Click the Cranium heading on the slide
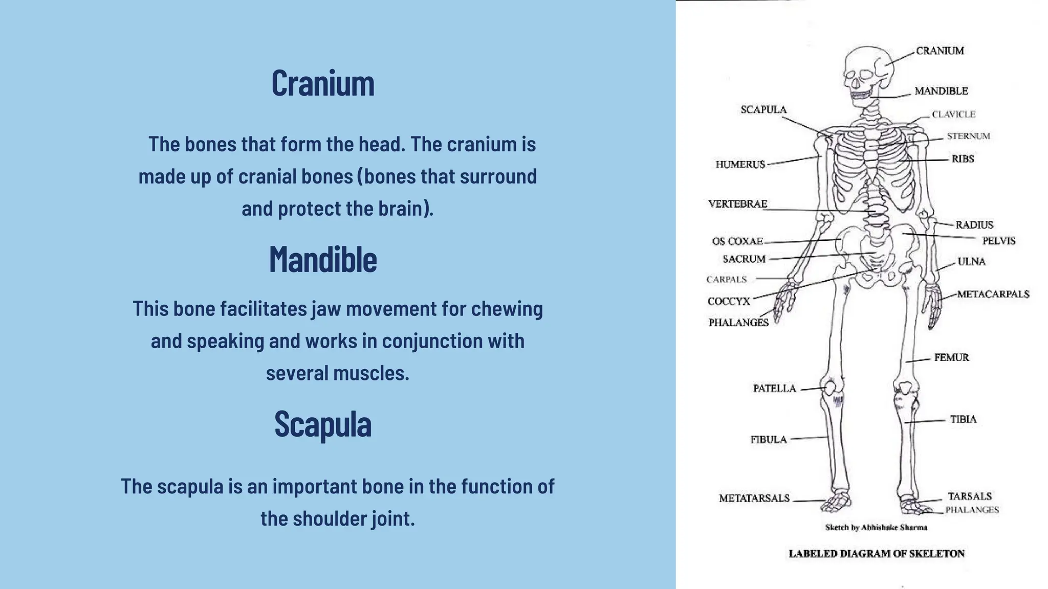[323, 83]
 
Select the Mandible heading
[323, 260]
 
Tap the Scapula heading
[323, 424]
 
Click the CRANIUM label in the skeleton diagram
[940, 51]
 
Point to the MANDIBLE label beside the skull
[941, 91]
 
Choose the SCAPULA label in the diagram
[763, 110]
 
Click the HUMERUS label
[740, 164]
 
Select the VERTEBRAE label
[737, 204]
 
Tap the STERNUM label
[968, 136]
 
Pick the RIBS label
[963, 159]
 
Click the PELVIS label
[998, 241]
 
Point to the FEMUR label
[951, 357]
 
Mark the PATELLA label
[774, 389]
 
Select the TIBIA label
[963, 419]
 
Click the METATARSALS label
[754, 499]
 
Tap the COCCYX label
[729, 302]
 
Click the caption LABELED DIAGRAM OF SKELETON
[876, 553]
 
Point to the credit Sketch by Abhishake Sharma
[876, 528]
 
